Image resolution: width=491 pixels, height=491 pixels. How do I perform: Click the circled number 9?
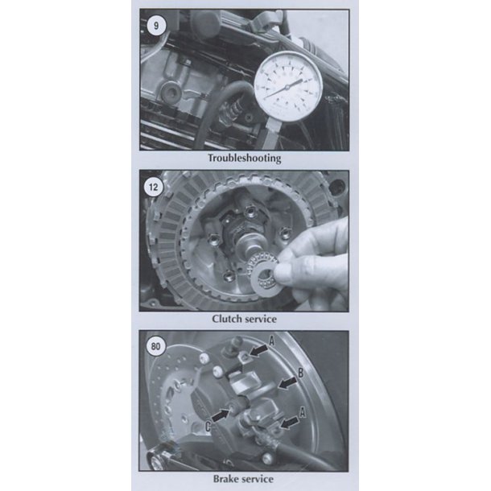click(156, 26)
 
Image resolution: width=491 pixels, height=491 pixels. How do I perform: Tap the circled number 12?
click(154, 187)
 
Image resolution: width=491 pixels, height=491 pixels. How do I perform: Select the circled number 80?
click(155, 346)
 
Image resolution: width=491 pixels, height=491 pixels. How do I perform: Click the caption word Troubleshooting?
click(245, 158)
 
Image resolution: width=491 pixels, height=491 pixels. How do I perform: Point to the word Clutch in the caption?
click(227, 319)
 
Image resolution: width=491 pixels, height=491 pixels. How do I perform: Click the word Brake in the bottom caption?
click(228, 479)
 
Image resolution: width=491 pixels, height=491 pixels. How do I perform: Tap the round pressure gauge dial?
click(288, 87)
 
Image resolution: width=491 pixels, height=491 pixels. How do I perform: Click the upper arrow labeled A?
click(258, 351)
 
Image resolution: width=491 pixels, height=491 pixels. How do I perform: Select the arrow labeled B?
click(287, 382)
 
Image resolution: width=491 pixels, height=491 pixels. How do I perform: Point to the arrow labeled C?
click(221, 415)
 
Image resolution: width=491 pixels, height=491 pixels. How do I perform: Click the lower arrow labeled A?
click(289, 422)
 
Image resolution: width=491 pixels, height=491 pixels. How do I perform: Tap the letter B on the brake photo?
click(300, 373)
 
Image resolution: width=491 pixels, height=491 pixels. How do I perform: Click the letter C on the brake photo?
click(208, 427)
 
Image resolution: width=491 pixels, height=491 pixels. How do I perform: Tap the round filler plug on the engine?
click(171, 91)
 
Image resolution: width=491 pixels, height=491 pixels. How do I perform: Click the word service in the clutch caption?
click(261, 319)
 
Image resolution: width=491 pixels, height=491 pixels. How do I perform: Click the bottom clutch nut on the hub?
click(229, 275)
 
